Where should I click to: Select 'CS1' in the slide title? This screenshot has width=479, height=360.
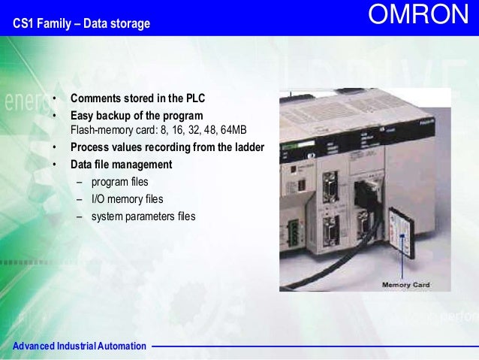pyautogui.click(x=23, y=25)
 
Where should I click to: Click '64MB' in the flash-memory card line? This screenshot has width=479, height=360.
pyautogui.click(x=231, y=130)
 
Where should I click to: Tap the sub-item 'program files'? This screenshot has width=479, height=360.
pyautogui.click(x=119, y=182)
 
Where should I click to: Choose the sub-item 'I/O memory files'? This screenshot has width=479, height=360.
pyautogui.click(x=127, y=199)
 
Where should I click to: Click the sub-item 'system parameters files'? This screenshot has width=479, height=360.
pyautogui.click(x=143, y=216)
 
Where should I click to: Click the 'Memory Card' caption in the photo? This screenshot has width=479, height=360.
pyautogui.click(x=406, y=285)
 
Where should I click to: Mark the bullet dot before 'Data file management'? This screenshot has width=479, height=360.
pyautogui.click(x=55, y=165)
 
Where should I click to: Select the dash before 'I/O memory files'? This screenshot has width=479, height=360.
pyautogui.click(x=80, y=199)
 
